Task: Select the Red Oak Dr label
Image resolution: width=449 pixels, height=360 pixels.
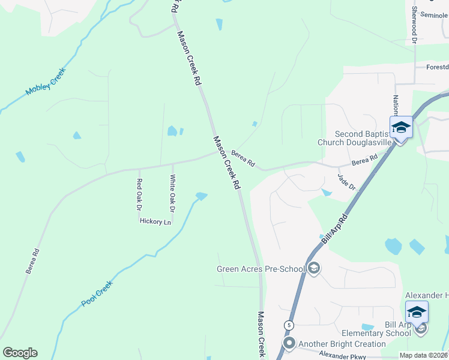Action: click(139, 194)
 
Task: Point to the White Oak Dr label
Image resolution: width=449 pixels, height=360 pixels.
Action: click(172, 193)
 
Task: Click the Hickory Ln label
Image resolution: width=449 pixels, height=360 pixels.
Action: click(155, 222)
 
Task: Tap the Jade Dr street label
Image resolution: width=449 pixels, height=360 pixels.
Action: click(347, 182)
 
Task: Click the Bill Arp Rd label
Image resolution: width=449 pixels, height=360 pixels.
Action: click(334, 228)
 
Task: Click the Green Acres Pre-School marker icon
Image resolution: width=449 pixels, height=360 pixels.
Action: click(314, 269)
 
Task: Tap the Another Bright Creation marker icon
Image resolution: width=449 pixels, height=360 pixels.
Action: click(289, 344)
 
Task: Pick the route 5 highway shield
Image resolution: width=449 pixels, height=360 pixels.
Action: click(289, 325)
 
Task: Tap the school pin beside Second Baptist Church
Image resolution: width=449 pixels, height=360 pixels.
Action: click(400, 128)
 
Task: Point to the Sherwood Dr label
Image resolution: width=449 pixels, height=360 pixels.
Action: click(414, 25)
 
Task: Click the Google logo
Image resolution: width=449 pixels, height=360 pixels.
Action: click(20, 353)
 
